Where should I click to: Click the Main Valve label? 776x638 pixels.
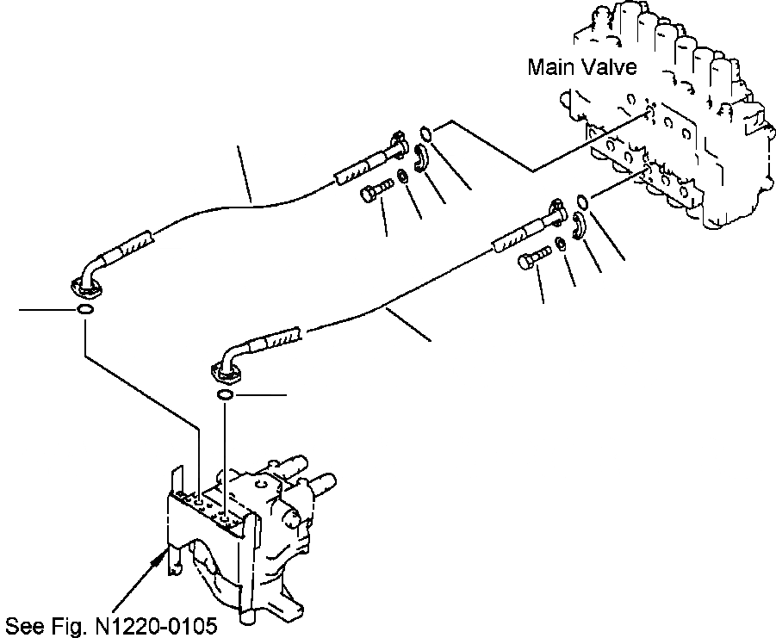point(582,67)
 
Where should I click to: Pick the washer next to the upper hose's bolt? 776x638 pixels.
point(403,181)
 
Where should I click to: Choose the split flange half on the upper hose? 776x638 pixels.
point(422,158)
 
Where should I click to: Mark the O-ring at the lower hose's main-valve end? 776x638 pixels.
point(583,202)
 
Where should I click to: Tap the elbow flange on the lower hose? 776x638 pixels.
point(226,370)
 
